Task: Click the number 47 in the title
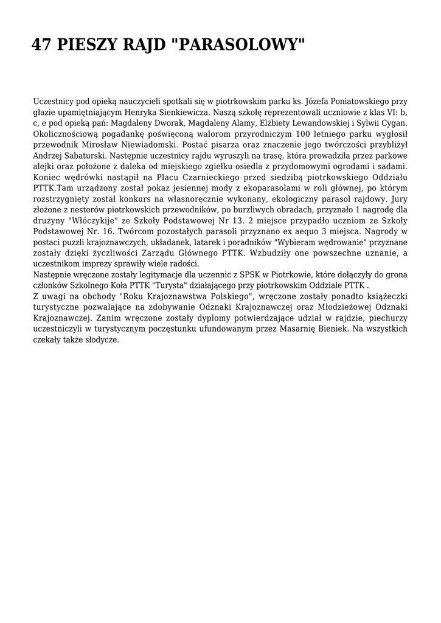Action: tap(42, 45)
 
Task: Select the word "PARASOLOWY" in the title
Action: tap(240, 45)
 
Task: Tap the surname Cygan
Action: tap(392, 123)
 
